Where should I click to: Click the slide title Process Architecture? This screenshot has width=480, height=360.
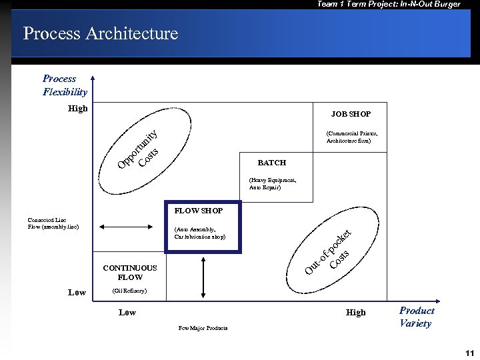coord(101,33)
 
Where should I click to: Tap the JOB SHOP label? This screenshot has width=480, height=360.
coord(351,114)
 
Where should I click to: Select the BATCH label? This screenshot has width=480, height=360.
coord(271,163)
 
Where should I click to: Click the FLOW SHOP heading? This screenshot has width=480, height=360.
coord(198,211)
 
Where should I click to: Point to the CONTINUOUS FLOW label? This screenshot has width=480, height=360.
coord(130,273)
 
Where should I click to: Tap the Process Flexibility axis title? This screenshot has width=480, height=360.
coord(65,85)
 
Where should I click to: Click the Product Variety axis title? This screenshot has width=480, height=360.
coord(416,317)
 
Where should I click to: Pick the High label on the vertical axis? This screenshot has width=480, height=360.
coord(77,108)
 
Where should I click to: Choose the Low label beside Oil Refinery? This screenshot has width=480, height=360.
coord(77,292)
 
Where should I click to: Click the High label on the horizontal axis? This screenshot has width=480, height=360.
coord(355,312)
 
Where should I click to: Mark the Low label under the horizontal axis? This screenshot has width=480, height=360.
coord(127,312)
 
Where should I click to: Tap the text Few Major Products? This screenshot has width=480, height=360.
coord(203,328)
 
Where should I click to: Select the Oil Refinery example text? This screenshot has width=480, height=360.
coord(129,291)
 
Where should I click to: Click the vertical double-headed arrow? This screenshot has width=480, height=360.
coord(201,273)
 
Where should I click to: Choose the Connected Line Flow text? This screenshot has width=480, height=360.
coord(53,223)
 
